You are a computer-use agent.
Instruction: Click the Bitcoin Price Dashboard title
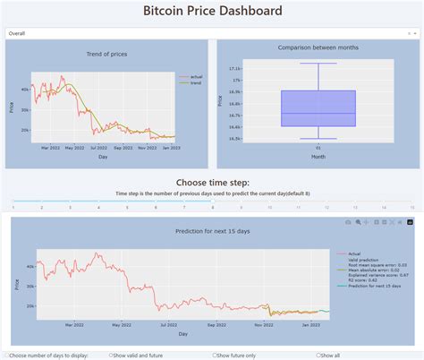[212, 12]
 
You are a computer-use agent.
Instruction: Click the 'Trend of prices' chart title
[106, 55]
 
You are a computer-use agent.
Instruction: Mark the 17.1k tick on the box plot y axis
[234, 68]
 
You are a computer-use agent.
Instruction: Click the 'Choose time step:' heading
[212, 182]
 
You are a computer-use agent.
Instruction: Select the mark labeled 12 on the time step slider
[326, 208]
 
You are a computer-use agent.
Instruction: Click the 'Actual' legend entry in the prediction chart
[353, 253]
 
